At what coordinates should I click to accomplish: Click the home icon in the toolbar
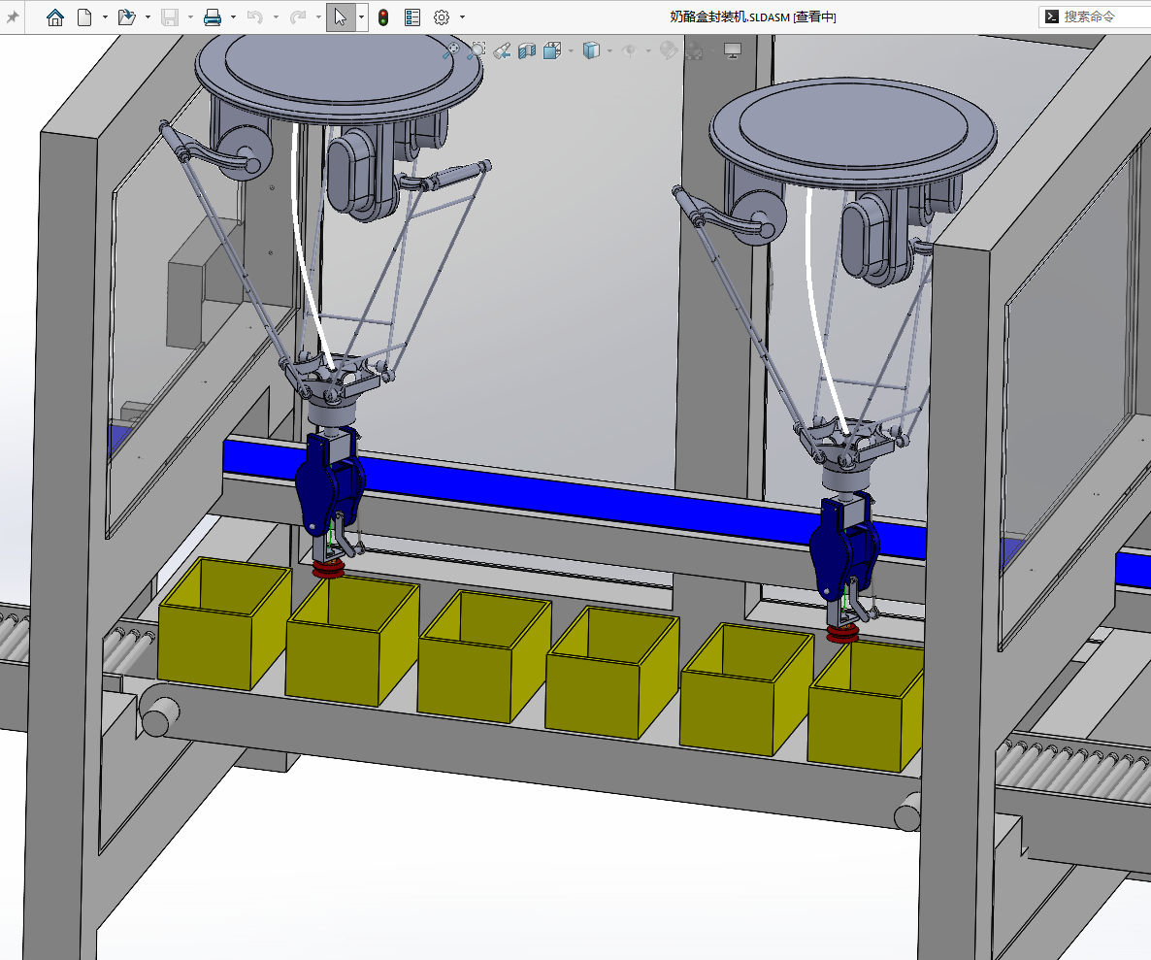tap(55, 17)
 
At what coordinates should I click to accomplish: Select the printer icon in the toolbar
tap(213, 17)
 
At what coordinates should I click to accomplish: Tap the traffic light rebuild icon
tap(383, 17)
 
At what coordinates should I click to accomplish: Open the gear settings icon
tap(442, 17)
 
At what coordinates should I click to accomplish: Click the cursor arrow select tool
tap(340, 17)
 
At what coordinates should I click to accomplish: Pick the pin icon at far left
tap(13, 17)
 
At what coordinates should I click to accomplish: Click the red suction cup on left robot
tap(328, 568)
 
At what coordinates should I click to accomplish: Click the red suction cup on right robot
tap(842, 634)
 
